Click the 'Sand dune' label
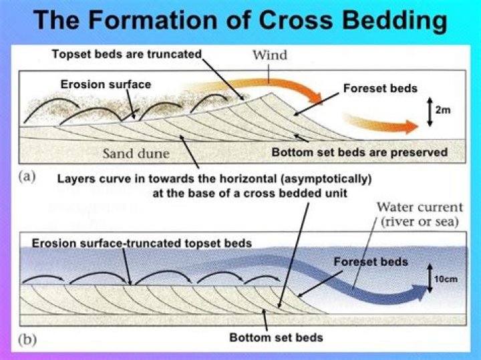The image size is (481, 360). tap(136, 154)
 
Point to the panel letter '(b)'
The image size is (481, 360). tap(27, 339)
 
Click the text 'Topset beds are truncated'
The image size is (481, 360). tap(127, 54)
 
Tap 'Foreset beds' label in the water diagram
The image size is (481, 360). tap(371, 262)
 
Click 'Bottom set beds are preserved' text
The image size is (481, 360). tap(359, 152)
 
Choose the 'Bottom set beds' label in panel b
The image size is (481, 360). tap(276, 337)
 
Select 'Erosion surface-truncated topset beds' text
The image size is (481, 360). tap(142, 243)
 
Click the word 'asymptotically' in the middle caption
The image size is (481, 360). tap(321, 179)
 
